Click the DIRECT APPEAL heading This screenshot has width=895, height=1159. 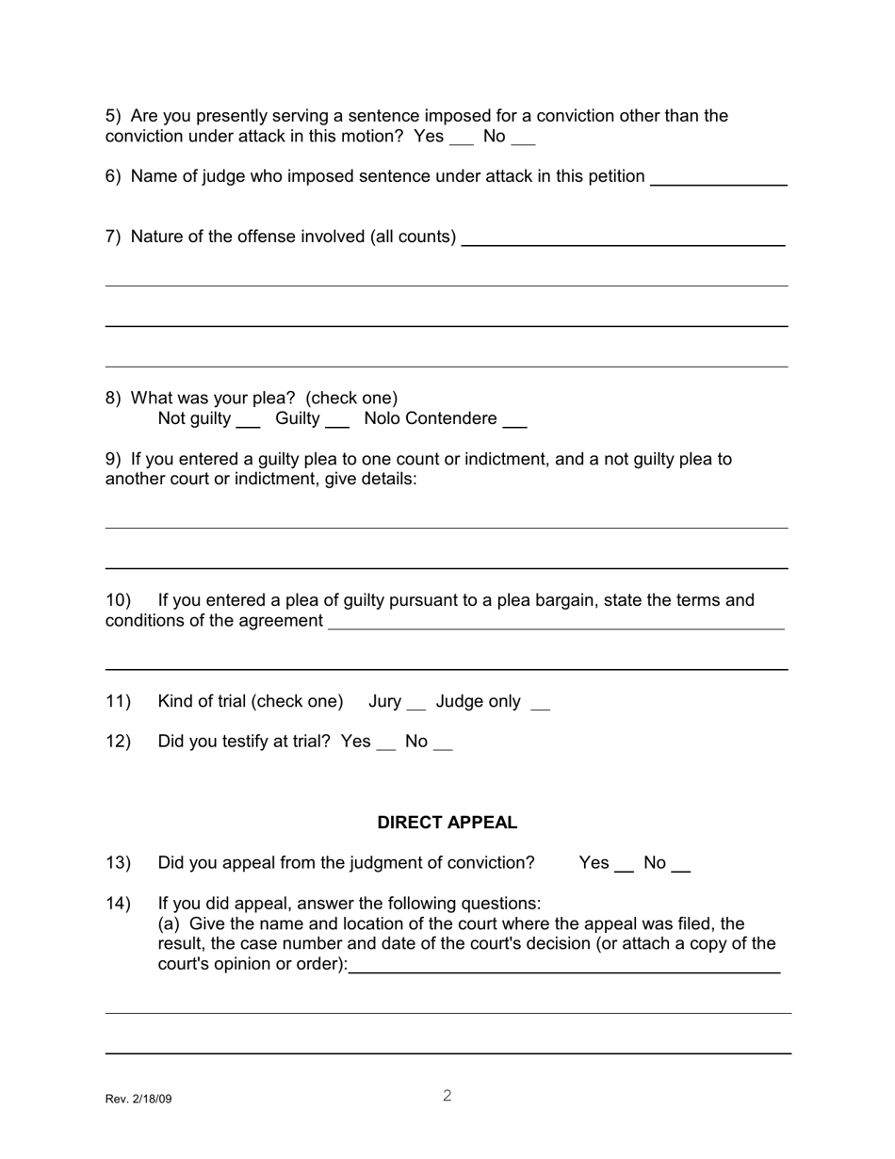[447, 823]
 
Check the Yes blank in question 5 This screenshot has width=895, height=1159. [462, 139]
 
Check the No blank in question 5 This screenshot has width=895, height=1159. [524, 139]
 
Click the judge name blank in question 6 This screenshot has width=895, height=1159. [718, 179]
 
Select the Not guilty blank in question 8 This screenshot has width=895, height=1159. [248, 421]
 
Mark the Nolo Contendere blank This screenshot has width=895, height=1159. [514, 421]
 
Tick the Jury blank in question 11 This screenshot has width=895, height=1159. [415, 704]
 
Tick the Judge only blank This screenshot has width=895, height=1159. [540, 704]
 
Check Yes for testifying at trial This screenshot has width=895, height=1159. [385, 744]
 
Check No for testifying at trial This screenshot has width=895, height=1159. [443, 744]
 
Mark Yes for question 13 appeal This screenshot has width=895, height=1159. [624, 866]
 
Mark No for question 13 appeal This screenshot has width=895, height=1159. [681, 866]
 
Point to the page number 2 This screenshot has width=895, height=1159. [447, 1096]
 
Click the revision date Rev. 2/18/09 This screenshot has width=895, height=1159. [138, 1099]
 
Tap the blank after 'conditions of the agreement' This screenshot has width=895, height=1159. [556, 623]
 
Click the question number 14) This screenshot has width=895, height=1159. [118, 904]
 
